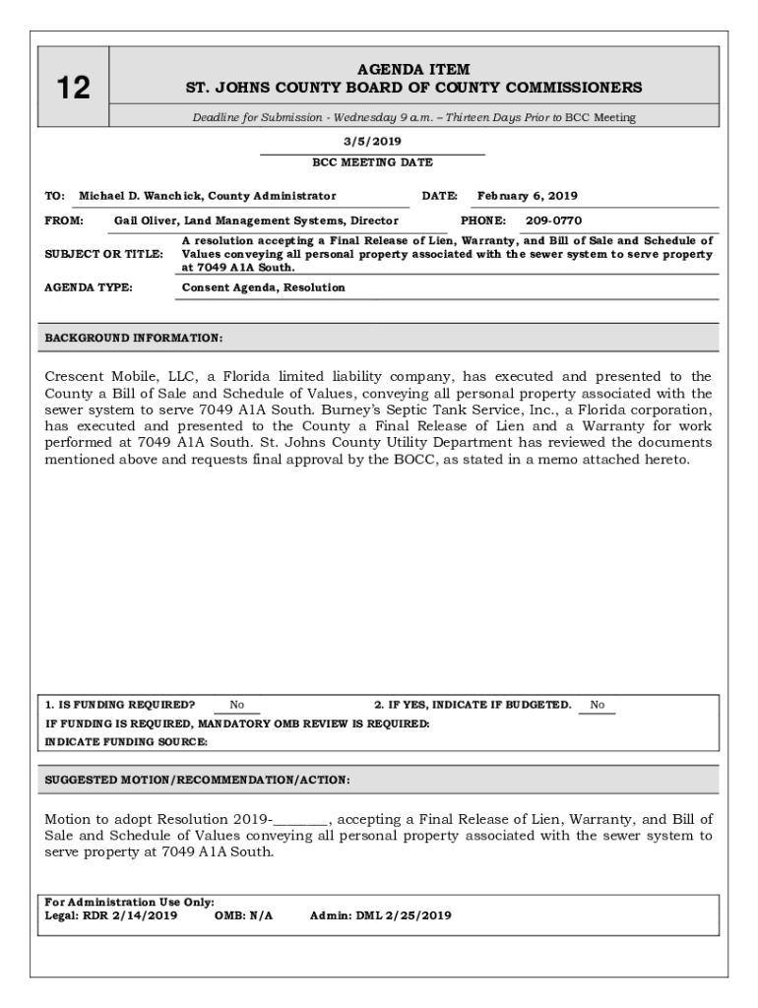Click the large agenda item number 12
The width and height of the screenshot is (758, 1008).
pyautogui.click(x=73, y=89)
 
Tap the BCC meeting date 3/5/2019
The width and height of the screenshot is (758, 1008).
pyautogui.click(x=372, y=142)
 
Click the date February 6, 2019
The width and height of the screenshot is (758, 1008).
pyautogui.click(x=527, y=196)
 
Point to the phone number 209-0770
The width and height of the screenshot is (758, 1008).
pyautogui.click(x=553, y=221)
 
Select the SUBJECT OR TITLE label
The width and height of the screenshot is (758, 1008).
pyautogui.click(x=103, y=254)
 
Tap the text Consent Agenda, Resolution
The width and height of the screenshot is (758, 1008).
pyautogui.click(x=264, y=287)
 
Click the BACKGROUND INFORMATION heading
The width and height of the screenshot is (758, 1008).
pyautogui.click(x=134, y=338)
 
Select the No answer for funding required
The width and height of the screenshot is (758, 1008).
pyautogui.click(x=237, y=705)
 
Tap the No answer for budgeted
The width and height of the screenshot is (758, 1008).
pyautogui.click(x=598, y=705)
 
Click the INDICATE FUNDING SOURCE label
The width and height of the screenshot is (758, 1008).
pyautogui.click(x=126, y=742)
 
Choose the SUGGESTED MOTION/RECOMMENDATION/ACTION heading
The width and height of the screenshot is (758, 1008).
pyautogui.click(x=197, y=780)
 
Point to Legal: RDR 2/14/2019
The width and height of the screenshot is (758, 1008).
pyautogui.click(x=111, y=915)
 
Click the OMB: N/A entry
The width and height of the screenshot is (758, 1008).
pyautogui.click(x=243, y=915)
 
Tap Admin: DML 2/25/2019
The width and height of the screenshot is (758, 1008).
pyautogui.click(x=380, y=915)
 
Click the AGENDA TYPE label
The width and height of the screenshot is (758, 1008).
pyautogui.click(x=89, y=287)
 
